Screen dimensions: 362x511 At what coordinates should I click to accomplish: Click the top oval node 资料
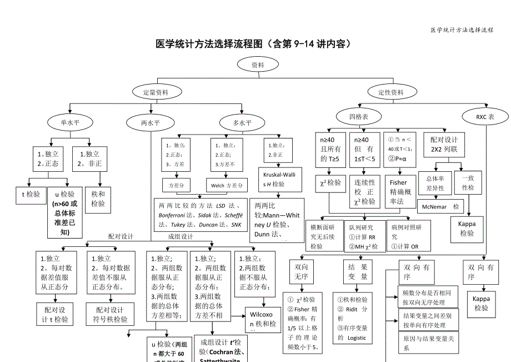click(258, 65)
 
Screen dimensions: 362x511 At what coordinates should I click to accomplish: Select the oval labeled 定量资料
click(156, 92)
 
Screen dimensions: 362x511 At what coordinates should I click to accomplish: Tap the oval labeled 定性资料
click(391, 92)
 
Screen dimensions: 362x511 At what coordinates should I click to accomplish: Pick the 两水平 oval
click(151, 122)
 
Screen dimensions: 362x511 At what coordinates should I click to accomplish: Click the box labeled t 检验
click(31, 194)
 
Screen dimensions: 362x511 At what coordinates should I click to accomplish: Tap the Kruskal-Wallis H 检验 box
click(280, 180)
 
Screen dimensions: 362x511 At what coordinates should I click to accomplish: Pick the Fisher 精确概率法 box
click(398, 192)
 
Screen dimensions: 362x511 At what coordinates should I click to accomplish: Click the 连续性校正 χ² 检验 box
click(365, 192)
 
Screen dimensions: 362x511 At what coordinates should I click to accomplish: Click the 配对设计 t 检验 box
click(55, 315)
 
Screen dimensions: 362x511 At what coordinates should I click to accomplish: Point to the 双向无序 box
click(301, 272)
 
